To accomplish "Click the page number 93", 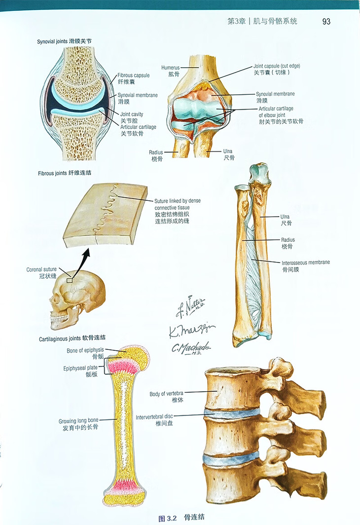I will [326, 21].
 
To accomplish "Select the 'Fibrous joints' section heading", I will [64, 173].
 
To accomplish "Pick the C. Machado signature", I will [191, 348].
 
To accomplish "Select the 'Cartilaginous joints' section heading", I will [72, 339].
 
